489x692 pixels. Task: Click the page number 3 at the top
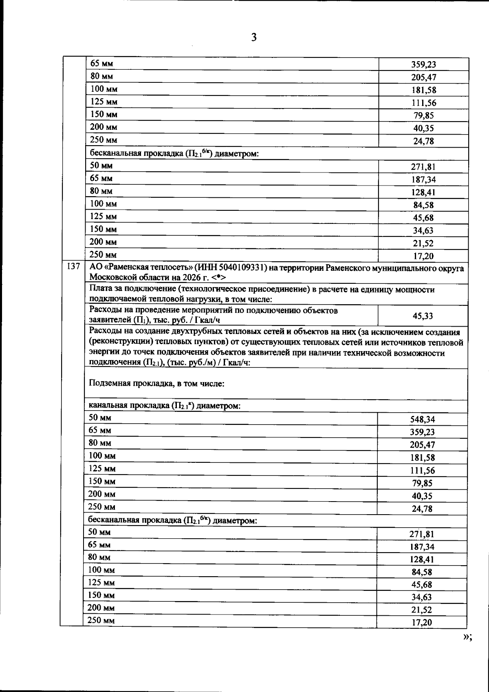click(253, 38)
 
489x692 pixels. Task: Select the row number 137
click(72, 268)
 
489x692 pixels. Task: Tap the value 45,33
click(423, 316)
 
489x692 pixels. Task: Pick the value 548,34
click(422, 419)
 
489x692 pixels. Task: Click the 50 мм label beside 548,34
click(100, 418)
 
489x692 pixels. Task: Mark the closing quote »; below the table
click(467, 638)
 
